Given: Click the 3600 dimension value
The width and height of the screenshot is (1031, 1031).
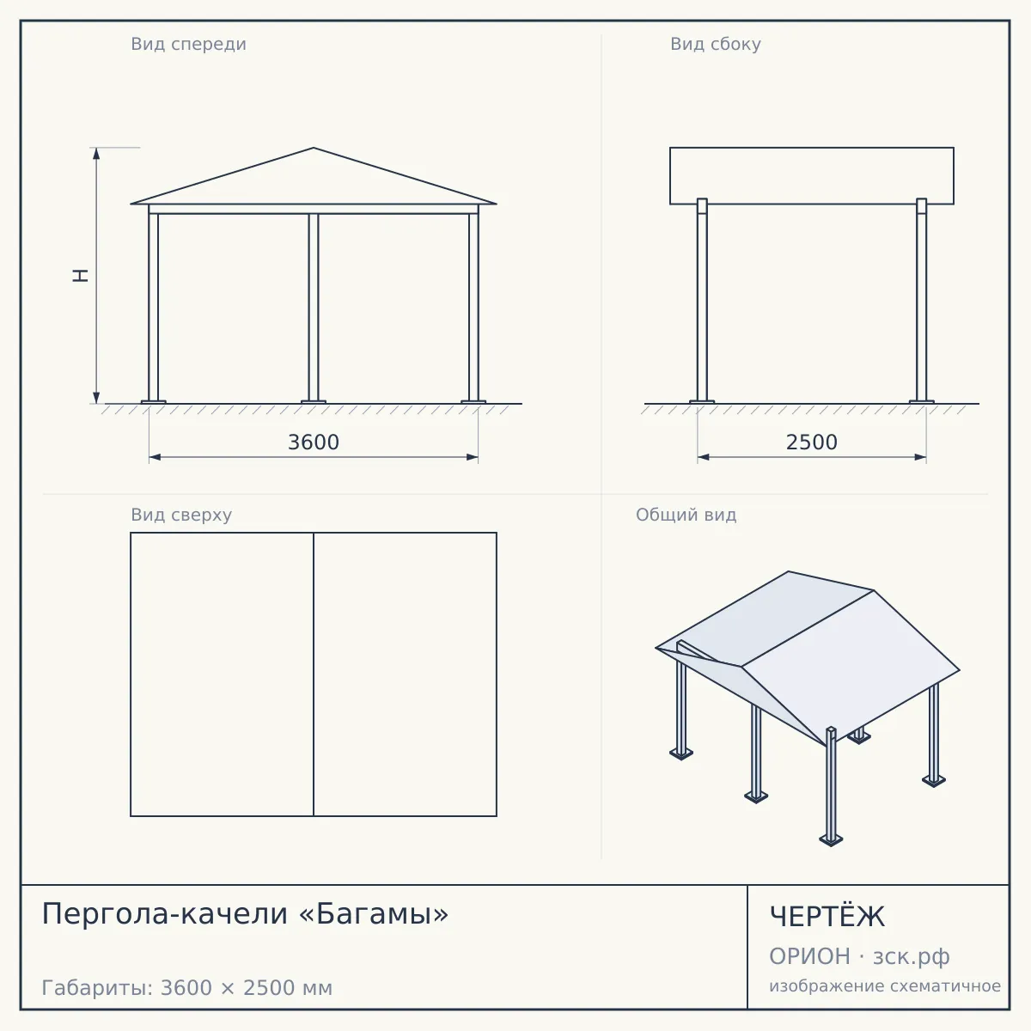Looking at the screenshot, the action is [314, 442].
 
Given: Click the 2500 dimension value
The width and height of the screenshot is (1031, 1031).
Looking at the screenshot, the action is [811, 442].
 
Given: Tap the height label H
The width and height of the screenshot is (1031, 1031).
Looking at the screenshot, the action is [81, 276].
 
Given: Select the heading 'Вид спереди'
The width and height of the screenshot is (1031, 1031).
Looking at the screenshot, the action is [188, 44].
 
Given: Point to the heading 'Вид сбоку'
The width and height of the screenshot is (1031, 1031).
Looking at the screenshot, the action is [716, 44].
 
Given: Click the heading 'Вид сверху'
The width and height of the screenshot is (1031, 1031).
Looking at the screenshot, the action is [181, 515].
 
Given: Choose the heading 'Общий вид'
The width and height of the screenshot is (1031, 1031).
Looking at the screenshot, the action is [686, 515].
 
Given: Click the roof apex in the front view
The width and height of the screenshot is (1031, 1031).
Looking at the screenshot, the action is [314, 148].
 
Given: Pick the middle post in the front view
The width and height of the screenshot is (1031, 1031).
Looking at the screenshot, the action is [314, 307].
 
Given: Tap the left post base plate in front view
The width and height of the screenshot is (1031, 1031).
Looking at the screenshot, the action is [153, 402].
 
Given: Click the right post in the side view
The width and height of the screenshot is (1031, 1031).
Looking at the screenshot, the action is [921, 300].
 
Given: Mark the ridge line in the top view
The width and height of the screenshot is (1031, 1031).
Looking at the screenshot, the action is [314, 674].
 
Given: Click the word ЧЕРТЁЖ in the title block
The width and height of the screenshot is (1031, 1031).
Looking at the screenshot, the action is [827, 917].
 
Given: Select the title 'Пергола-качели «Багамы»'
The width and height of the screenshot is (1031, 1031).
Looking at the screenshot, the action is [245, 913].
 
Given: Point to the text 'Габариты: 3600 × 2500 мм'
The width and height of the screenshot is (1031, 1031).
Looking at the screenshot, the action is [186, 988].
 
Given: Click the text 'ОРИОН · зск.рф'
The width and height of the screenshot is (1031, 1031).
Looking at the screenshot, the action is [859, 956].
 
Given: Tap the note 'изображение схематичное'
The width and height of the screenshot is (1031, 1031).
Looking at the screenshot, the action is [885, 985].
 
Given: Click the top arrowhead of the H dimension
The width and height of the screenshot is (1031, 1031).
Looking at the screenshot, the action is [96, 153].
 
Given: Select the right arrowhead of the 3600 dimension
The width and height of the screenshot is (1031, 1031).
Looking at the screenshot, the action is [472, 457].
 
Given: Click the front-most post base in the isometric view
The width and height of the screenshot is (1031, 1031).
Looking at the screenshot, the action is [831, 840].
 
